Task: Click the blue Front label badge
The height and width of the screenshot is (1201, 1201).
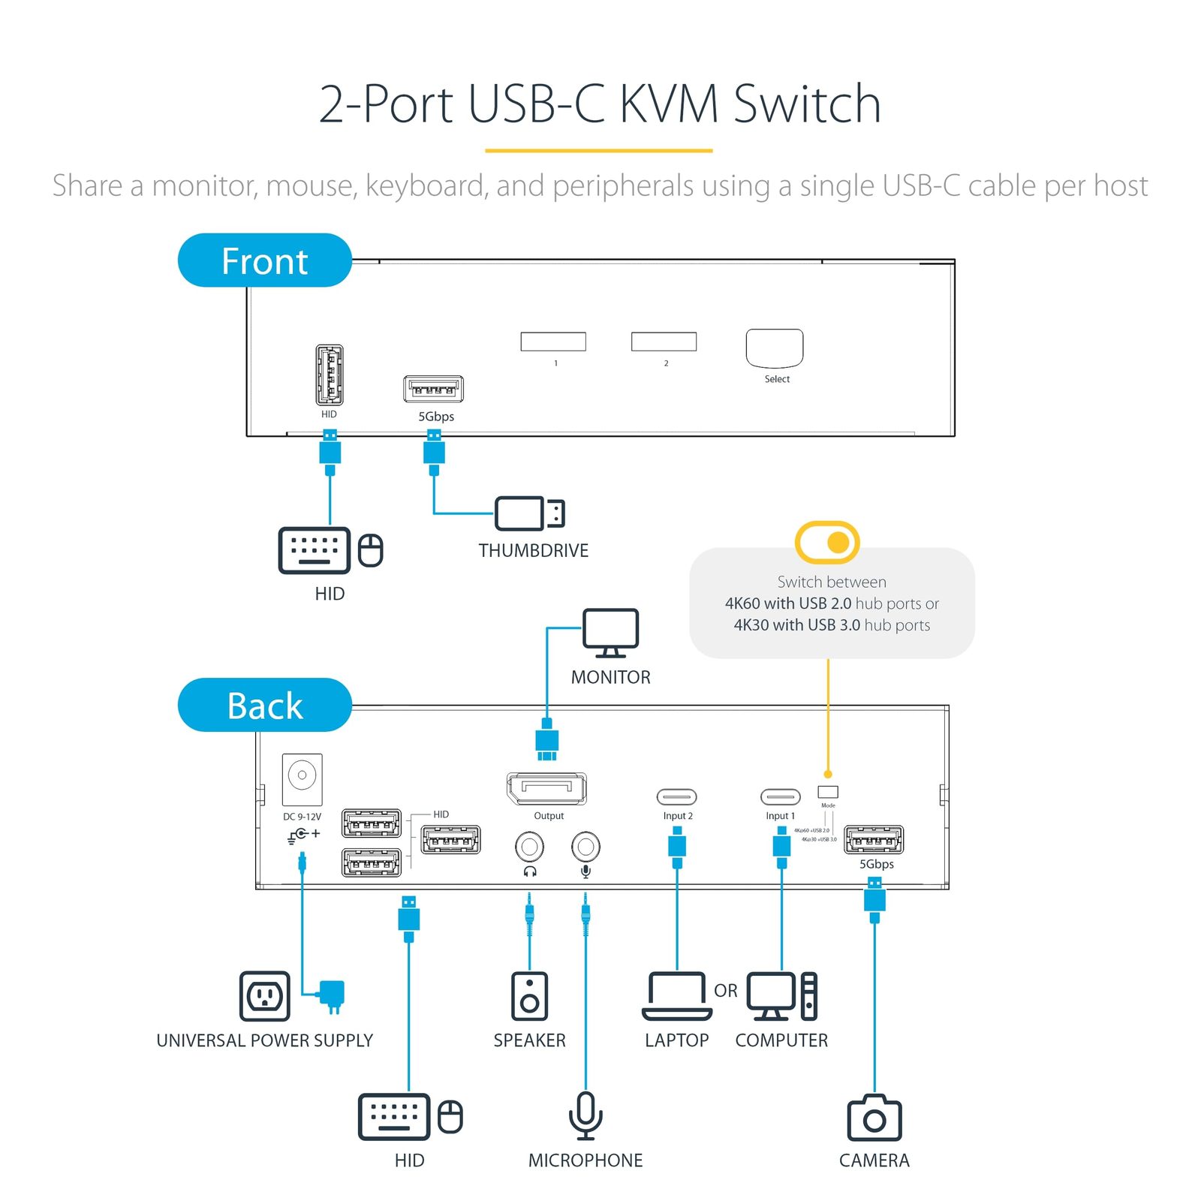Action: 264,260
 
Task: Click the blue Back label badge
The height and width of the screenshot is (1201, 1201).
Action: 264,705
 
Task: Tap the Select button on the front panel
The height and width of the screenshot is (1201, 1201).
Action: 774,348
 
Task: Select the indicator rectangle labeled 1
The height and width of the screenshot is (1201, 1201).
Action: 552,342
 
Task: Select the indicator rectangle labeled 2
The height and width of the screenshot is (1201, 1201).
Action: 664,342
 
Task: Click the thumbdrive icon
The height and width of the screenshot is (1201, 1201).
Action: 528,513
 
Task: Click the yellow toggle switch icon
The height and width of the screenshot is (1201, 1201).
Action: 827,542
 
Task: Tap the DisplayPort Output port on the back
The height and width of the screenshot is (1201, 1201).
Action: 546,788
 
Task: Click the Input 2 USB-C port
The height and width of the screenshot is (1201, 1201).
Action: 676,796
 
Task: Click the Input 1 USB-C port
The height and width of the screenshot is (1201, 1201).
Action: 781,796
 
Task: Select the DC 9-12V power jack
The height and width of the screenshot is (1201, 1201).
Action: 302,778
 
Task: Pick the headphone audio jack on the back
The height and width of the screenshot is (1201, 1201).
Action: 529,847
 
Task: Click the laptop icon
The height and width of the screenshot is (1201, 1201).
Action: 676,996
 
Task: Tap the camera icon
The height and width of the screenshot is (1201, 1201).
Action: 874,1118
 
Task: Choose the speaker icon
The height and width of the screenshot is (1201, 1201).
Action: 529,996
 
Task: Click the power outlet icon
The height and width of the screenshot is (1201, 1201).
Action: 264,996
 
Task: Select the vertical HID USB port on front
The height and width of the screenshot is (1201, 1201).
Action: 329,375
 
